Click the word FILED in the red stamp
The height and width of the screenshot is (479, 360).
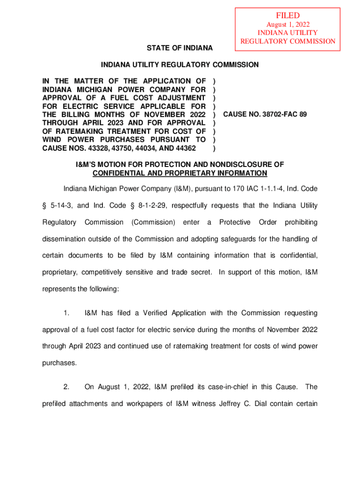click(x=288, y=16)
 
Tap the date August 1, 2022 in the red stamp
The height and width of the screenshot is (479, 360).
click(x=288, y=24)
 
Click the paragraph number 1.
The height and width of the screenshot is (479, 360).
click(x=67, y=312)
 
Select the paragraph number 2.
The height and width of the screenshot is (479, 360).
click(x=67, y=386)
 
